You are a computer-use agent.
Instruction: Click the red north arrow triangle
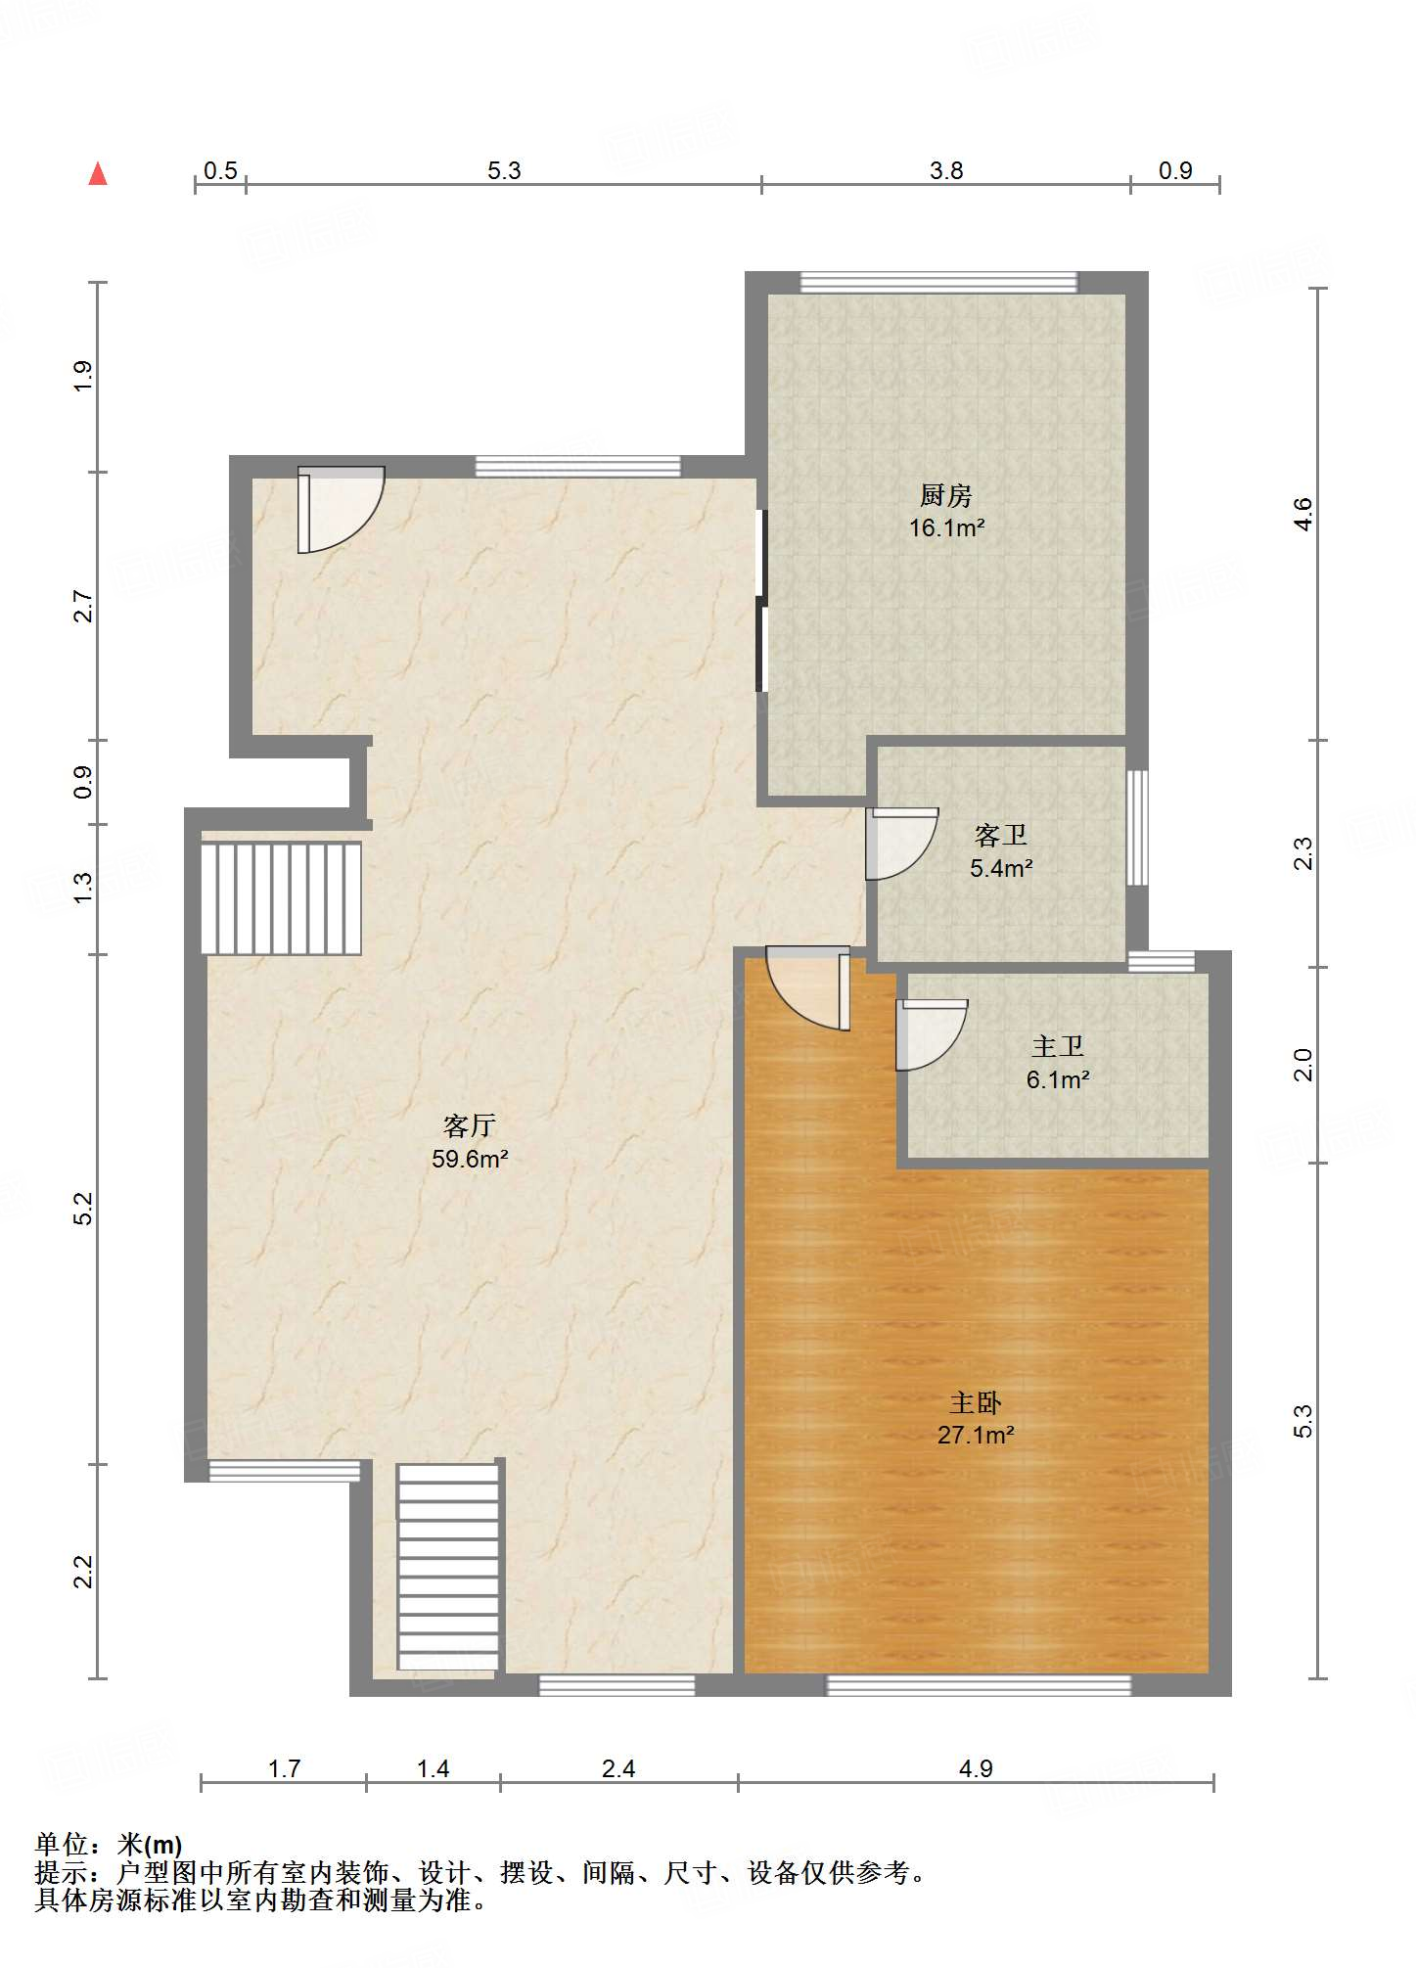98,174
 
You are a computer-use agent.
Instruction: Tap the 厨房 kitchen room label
945,496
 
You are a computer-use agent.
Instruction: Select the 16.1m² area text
946,528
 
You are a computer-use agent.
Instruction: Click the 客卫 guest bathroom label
1000,835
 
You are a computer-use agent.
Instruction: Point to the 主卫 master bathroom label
1058,1046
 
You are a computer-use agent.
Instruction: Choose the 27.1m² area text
976,1436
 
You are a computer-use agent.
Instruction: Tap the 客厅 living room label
470,1125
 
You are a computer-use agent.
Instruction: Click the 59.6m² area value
470,1160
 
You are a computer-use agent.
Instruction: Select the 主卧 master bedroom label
976,1403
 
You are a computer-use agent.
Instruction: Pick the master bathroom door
932,1034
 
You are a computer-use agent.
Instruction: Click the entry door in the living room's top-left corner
341,510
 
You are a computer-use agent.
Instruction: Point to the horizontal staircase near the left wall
281,898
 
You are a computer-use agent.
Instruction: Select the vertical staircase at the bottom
448,1567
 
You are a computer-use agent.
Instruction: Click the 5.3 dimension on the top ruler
504,170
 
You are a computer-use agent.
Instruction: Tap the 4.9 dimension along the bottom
976,1768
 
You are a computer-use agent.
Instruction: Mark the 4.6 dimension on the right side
1302,514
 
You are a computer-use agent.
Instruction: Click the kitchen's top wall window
938,282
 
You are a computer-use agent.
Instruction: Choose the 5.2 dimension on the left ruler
83,1209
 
